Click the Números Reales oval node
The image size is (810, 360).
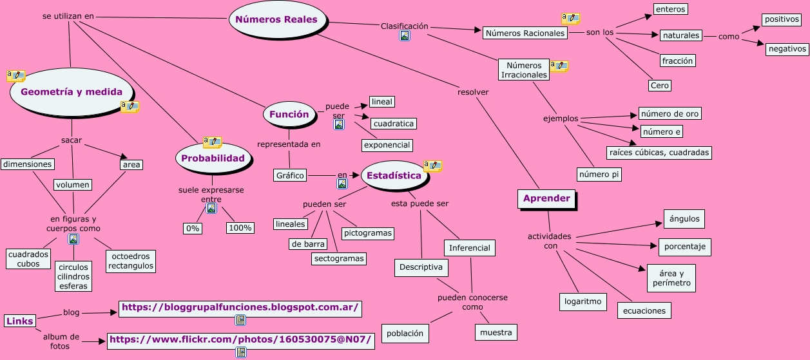(x=276, y=19)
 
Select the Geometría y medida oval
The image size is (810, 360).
(x=72, y=91)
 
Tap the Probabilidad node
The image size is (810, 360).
(x=213, y=158)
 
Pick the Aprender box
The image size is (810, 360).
(x=546, y=198)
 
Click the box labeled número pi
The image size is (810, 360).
(x=599, y=174)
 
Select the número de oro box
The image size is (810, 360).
(x=670, y=114)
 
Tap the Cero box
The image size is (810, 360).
(x=660, y=86)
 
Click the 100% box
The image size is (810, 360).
(x=240, y=228)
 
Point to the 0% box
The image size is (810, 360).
(x=193, y=229)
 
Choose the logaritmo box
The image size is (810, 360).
(x=583, y=301)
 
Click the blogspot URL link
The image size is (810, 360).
(x=240, y=308)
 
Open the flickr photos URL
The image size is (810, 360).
(x=240, y=339)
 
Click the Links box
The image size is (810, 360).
(x=19, y=321)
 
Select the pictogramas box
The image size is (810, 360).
(x=368, y=233)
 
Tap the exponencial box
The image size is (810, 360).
(x=387, y=145)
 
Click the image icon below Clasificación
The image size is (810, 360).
(x=405, y=36)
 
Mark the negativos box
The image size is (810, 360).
(x=787, y=48)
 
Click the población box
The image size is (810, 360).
(x=405, y=333)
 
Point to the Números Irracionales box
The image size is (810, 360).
(x=524, y=70)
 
